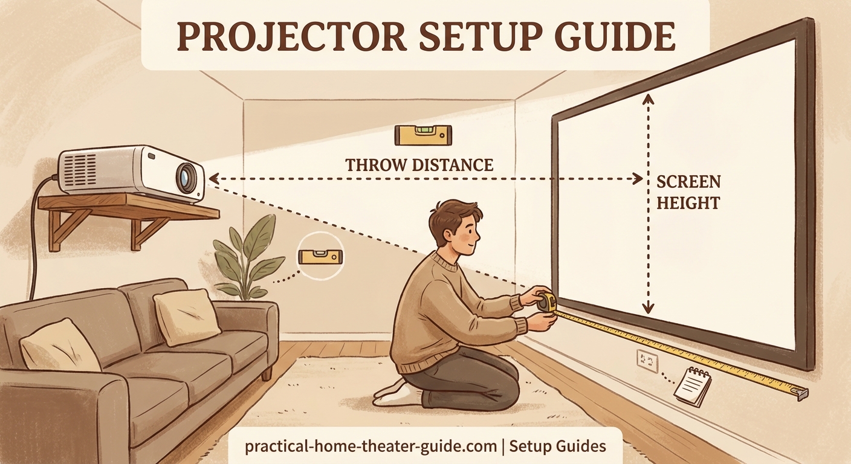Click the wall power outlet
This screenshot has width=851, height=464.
tap(647, 361)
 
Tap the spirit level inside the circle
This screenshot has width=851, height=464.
tap(320, 257)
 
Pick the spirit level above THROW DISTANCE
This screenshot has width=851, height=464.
tap(423, 135)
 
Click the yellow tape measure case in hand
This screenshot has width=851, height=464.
tap(547, 303)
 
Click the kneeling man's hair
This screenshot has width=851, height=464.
tap(453, 215)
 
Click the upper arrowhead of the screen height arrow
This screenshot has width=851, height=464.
tap(649, 98)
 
